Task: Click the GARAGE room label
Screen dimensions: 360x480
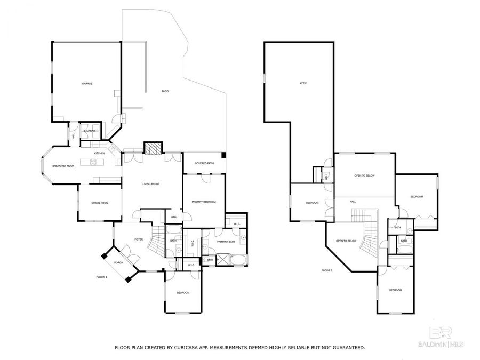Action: (87, 84)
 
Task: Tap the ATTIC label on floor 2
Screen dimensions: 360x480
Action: (303, 83)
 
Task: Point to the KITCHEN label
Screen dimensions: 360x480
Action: (100, 154)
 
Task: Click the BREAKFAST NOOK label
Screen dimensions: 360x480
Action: (62, 166)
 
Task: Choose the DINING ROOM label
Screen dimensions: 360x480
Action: (100, 203)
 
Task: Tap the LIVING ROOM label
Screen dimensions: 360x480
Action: (151, 184)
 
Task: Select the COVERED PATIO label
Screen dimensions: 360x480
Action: (204, 163)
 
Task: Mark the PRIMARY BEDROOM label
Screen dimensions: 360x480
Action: (204, 202)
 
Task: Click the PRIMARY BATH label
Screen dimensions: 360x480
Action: (226, 242)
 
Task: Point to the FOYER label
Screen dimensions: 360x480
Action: (139, 239)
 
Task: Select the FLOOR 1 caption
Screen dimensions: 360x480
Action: (101, 277)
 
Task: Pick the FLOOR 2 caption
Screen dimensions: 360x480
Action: (327, 270)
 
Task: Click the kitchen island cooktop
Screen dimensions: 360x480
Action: (87, 161)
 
